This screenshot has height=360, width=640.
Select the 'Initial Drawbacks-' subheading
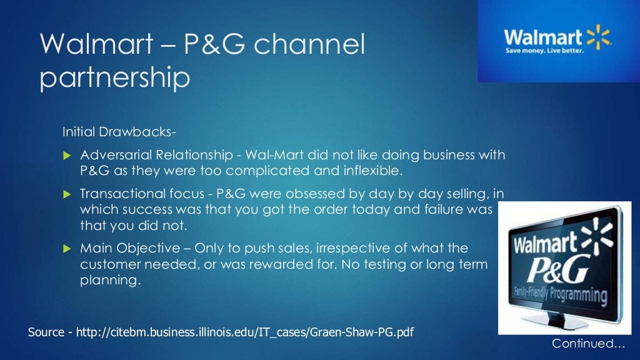coord(119,132)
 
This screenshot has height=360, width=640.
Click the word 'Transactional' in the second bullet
coord(118,194)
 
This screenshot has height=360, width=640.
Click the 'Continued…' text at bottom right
coord(588,344)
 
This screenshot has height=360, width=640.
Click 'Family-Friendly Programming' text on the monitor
coord(559,292)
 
